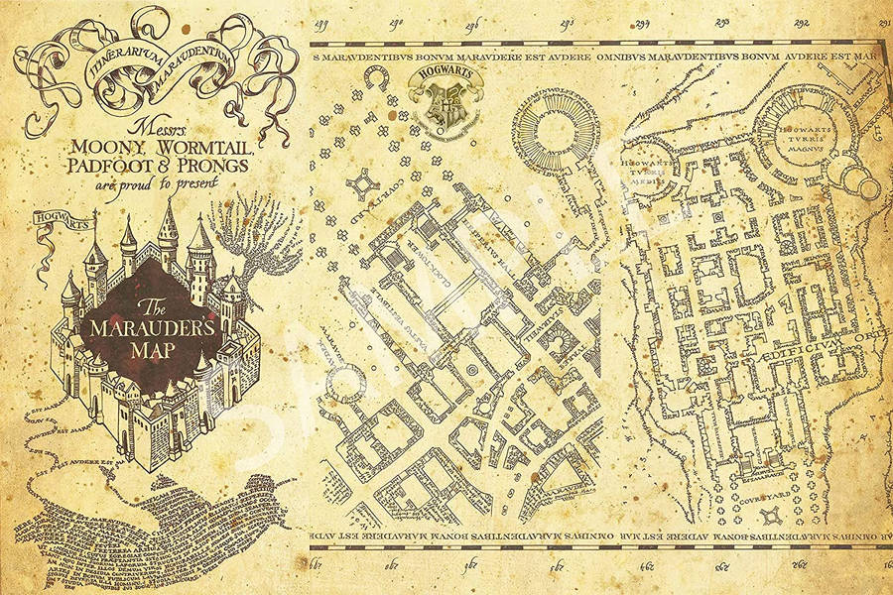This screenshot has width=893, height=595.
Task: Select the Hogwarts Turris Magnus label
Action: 802,141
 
